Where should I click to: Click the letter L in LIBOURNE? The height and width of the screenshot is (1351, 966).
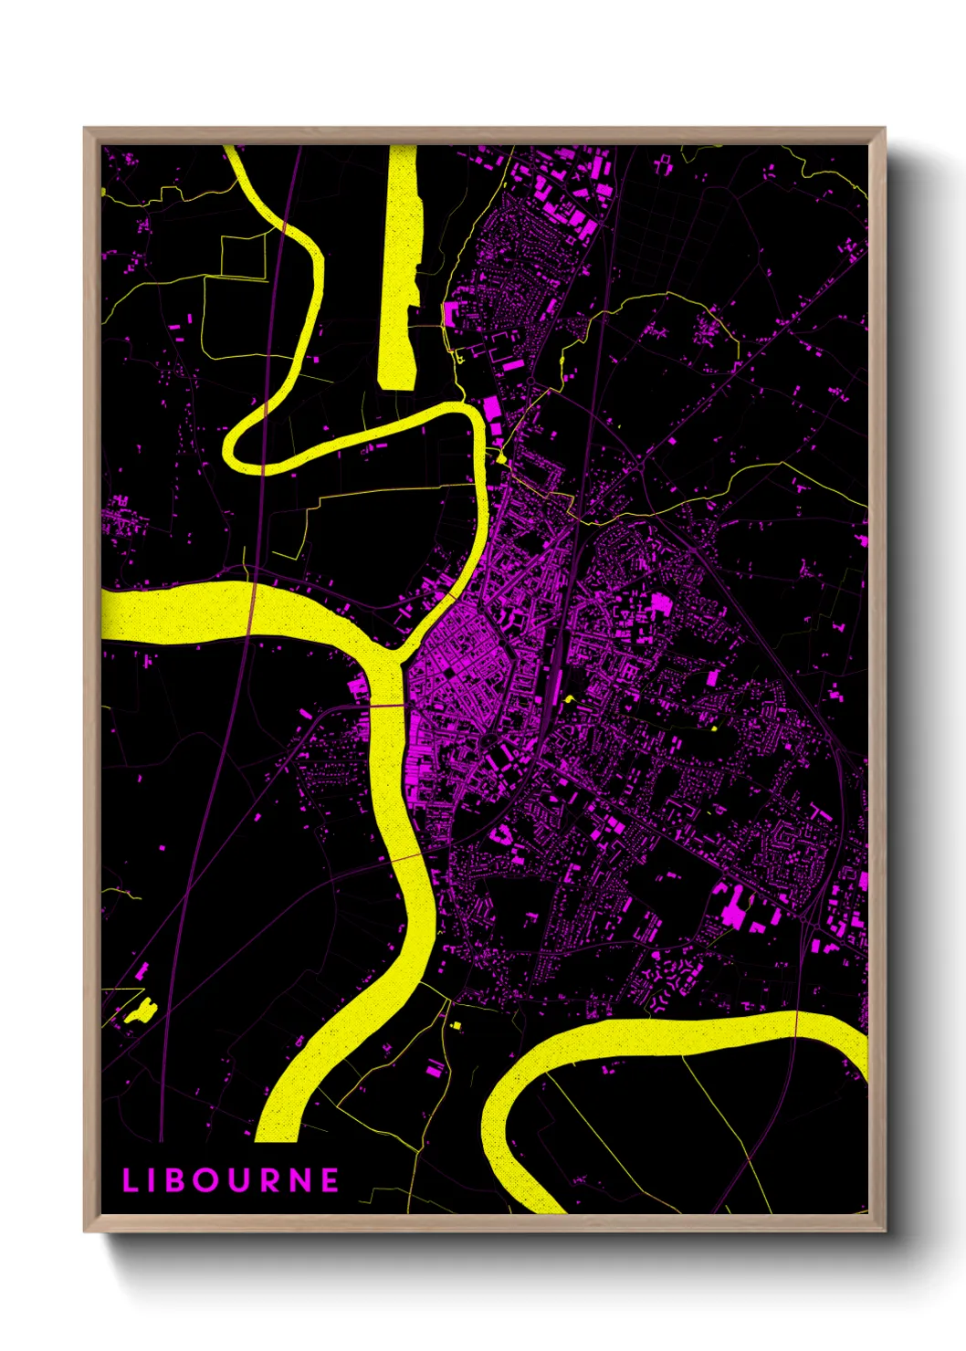129,1180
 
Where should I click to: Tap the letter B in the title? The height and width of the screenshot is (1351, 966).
180,1180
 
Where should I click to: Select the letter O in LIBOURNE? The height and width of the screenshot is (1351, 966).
209,1180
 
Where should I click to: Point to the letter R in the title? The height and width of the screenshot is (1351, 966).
270,1180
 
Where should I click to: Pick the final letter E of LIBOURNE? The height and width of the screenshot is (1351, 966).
331,1180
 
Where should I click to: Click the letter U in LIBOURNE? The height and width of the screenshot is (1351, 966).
240,1180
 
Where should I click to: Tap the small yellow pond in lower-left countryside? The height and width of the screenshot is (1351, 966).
142,1011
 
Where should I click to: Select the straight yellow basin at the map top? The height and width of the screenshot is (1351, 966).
399,265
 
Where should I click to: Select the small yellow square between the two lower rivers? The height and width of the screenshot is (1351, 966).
456,1026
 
